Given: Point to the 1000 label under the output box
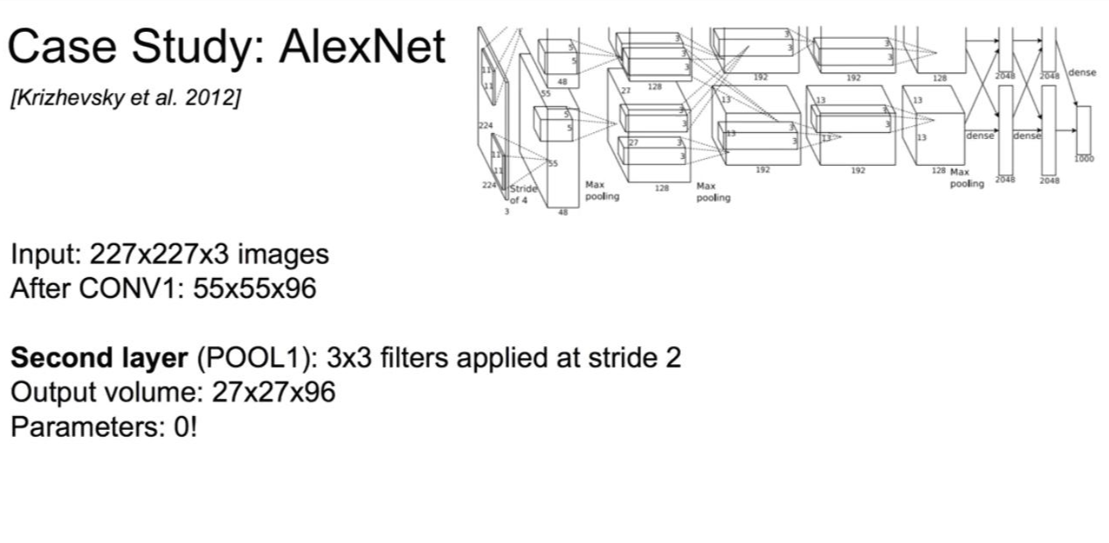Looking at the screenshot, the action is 1083,159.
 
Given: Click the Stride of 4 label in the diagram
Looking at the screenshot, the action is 523,194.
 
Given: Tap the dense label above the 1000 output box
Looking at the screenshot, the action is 1081,73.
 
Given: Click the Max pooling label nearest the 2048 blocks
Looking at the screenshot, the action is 967,178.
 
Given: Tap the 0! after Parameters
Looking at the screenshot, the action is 185,427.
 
